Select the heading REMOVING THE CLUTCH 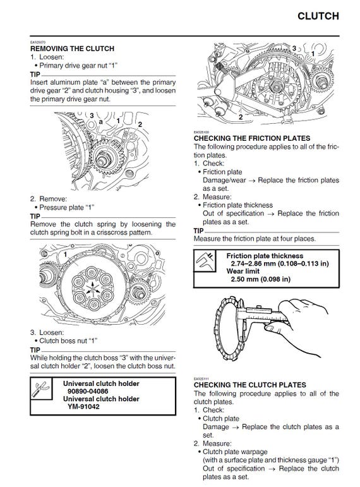tap(72, 49)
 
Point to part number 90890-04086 tap(88, 392)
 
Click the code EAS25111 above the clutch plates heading tap(201, 378)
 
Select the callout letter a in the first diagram tap(100, 121)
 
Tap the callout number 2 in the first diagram tap(140, 123)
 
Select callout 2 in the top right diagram tap(241, 117)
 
